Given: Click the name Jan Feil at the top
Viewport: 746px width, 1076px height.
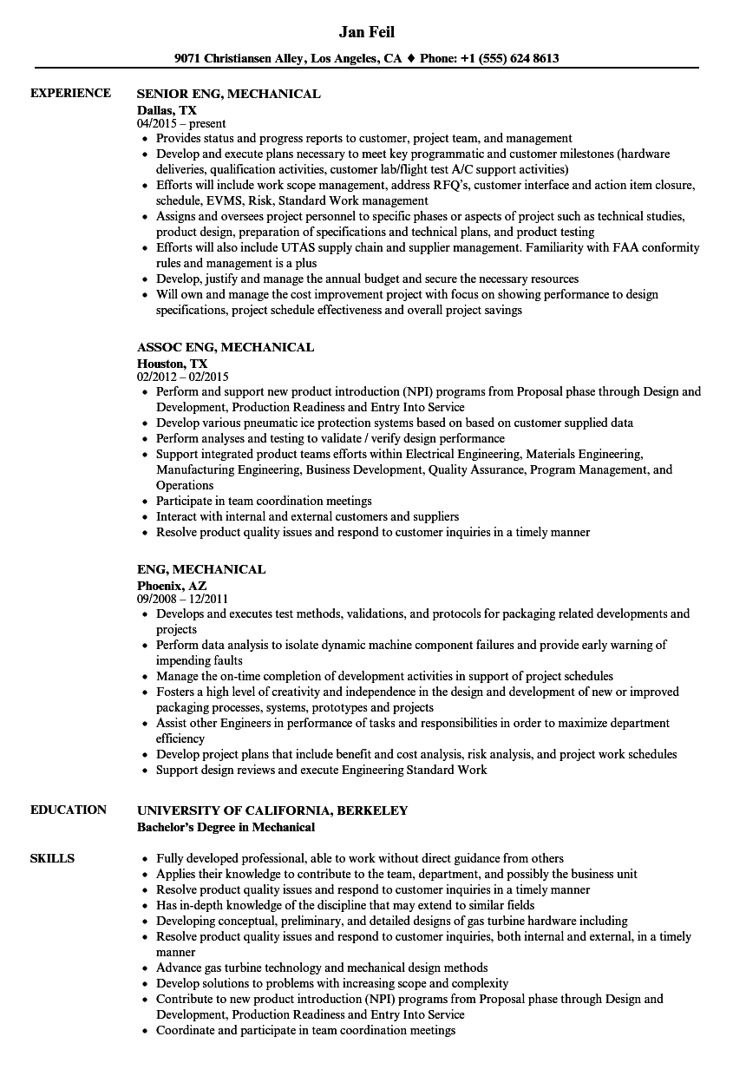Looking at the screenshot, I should click(x=366, y=33).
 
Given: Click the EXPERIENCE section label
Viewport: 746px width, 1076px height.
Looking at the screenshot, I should click(x=70, y=94).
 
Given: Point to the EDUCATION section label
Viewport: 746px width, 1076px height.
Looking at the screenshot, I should click(x=69, y=810).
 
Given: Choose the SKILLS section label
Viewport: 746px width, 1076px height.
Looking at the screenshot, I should click(x=52, y=859).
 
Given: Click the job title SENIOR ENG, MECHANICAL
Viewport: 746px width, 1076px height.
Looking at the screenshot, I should click(x=229, y=94).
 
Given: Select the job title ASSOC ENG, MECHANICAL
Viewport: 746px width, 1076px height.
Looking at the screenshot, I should click(x=226, y=347).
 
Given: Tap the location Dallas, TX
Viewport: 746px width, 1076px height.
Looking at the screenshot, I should click(x=167, y=109).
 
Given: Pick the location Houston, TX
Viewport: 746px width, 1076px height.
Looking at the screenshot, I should click(x=172, y=363).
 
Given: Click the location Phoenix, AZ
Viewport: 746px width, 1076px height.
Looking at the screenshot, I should click(x=172, y=585).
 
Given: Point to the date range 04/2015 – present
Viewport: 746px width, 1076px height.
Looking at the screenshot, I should click(x=181, y=124).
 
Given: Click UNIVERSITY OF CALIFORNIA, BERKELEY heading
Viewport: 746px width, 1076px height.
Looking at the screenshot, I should click(x=272, y=810).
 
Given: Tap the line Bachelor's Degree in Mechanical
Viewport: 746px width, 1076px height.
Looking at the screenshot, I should click(x=226, y=827).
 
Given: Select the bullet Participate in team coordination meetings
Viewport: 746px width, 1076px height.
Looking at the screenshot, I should click(x=264, y=502).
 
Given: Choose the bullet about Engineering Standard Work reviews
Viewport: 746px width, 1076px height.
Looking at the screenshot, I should click(x=321, y=771).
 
